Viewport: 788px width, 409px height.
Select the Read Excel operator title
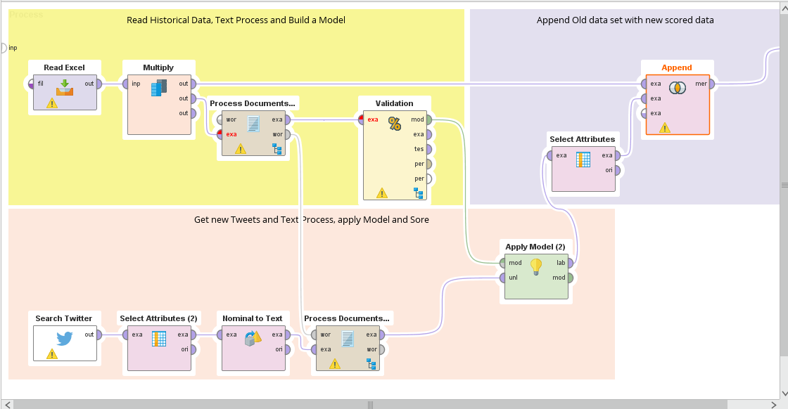(x=64, y=67)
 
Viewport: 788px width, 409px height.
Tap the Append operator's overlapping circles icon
(x=677, y=88)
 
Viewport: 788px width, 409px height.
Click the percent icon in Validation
(x=395, y=124)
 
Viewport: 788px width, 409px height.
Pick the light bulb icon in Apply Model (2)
(x=536, y=266)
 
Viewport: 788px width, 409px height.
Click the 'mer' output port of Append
(x=712, y=84)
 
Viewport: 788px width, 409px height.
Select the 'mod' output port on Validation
(x=428, y=119)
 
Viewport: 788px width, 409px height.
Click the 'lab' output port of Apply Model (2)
(x=571, y=264)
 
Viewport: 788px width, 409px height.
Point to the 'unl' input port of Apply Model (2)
(x=502, y=278)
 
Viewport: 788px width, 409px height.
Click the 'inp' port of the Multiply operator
(x=125, y=84)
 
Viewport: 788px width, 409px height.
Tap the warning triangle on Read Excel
(x=51, y=103)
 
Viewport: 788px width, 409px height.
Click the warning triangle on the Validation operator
(x=382, y=193)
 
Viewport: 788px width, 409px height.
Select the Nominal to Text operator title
(x=252, y=318)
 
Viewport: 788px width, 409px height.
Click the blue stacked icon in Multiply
(x=158, y=88)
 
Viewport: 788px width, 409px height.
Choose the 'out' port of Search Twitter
(x=99, y=335)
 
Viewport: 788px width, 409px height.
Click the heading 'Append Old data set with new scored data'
(x=625, y=20)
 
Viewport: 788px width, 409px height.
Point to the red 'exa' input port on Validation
(x=362, y=119)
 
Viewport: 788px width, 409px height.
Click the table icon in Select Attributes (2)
(x=159, y=339)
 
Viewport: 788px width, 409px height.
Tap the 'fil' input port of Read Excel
(x=32, y=84)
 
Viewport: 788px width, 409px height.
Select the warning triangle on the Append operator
(x=665, y=127)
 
